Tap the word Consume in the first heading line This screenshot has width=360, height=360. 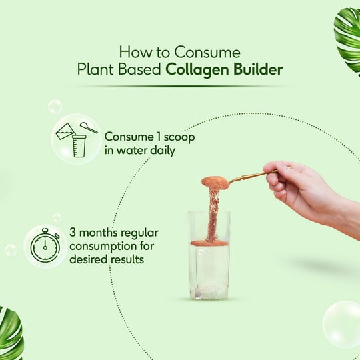click(203, 51)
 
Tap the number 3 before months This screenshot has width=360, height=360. click(72, 233)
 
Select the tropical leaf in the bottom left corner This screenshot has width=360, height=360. click(11, 334)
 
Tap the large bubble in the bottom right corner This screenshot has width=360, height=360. click(342, 323)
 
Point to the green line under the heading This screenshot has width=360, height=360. click(180, 86)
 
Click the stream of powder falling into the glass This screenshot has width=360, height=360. click(213, 213)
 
